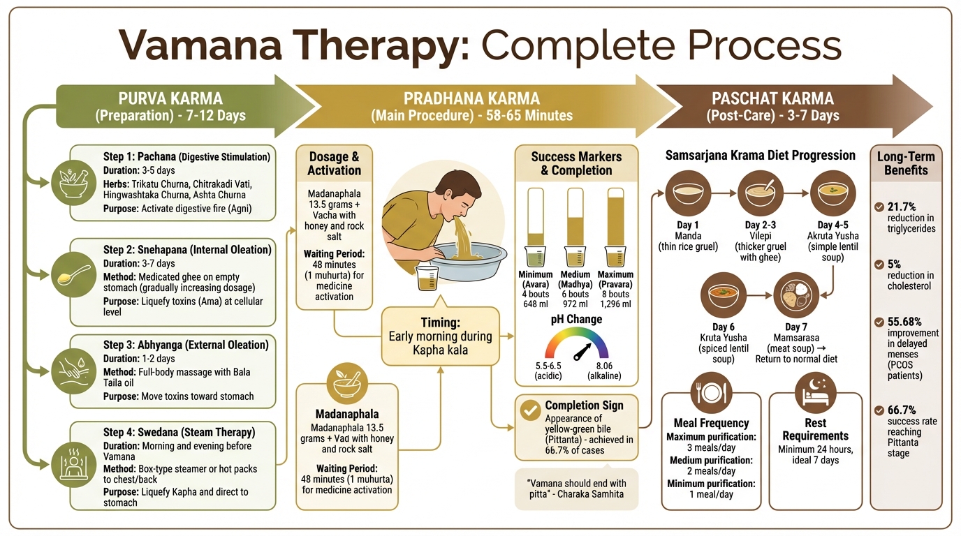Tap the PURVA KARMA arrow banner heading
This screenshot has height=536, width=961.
[170, 99]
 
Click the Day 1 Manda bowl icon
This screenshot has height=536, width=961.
[687, 193]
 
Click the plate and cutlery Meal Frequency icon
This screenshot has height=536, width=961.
[711, 392]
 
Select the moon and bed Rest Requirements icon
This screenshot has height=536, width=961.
[815, 392]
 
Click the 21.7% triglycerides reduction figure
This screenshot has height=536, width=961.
[902, 207]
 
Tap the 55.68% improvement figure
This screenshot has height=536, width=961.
[905, 322]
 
